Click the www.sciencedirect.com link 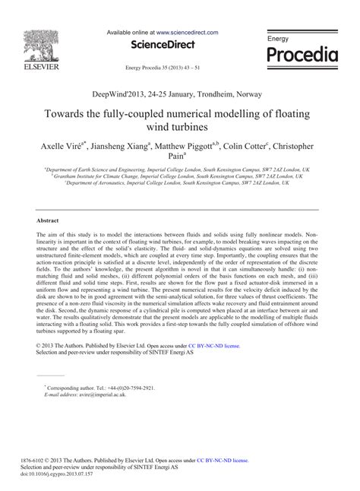187,33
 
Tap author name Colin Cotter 251,145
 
